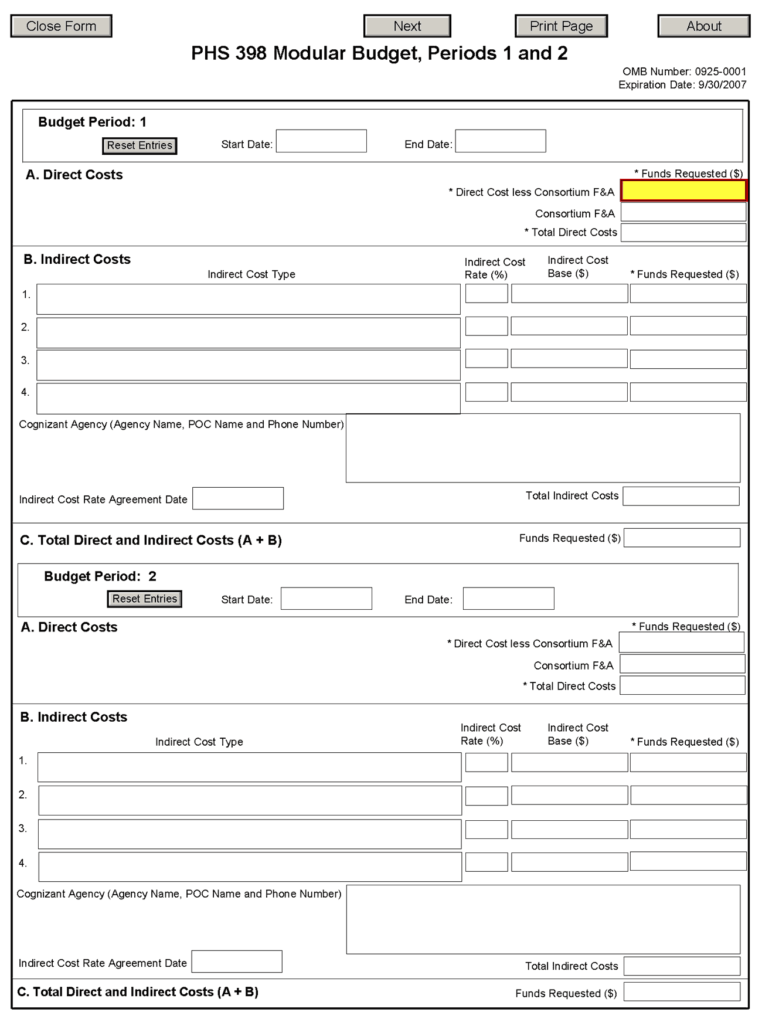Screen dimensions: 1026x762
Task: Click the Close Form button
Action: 61,26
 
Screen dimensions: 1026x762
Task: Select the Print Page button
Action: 561,26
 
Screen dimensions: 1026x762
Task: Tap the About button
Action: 703,26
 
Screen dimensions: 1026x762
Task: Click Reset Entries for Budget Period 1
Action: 140,145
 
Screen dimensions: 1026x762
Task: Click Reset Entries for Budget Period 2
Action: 145,599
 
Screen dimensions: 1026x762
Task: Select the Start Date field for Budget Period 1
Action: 321,141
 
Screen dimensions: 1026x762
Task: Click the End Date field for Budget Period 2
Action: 508,599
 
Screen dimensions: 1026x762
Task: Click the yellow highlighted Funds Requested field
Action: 683,191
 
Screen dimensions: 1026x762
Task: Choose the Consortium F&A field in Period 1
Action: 683,212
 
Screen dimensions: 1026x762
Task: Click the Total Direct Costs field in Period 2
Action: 682,685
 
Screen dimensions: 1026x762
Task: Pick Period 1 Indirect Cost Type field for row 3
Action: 248,365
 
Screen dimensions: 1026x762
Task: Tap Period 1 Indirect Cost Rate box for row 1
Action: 487,294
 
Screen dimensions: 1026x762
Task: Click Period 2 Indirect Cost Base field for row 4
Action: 569,862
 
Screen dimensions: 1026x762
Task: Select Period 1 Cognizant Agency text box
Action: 543,448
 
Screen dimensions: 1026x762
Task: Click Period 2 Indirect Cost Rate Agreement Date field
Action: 237,962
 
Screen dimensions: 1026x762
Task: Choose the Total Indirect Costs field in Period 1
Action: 681,496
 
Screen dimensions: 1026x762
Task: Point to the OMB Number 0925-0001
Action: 684,72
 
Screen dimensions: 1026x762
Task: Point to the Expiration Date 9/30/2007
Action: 682,85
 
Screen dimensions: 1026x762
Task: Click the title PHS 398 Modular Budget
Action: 379,53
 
